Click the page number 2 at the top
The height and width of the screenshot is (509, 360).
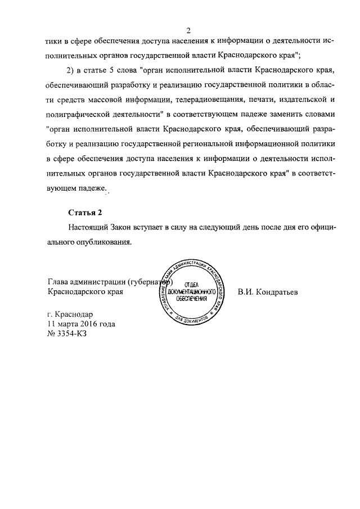pyautogui.click(x=190, y=30)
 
